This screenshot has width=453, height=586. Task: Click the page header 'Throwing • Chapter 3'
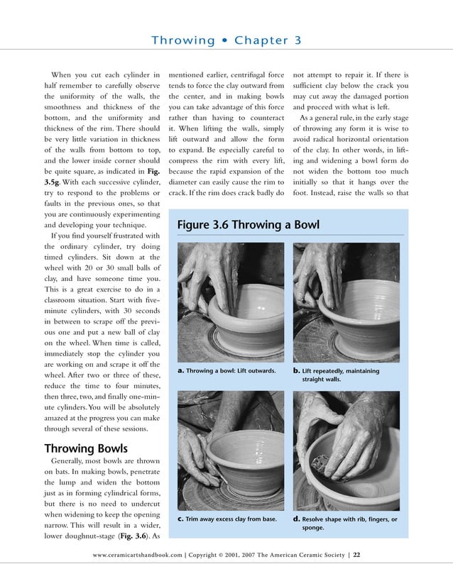pyautogui.click(x=226, y=40)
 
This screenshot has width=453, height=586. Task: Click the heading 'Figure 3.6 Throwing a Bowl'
pyautogui.click(x=248, y=226)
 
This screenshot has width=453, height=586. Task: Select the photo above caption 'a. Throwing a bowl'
pyautogui.click(x=230, y=302)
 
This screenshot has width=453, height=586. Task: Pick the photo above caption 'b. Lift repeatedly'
pyautogui.click(x=348, y=302)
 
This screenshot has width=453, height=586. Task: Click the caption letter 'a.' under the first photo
pyautogui.click(x=181, y=370)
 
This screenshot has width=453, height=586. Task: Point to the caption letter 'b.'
pyautogui.click(x=296, y=370)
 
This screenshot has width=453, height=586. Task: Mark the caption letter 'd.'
pyautogui.click(x=296, y=519)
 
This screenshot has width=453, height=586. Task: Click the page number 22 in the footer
pyautogui.click(x=357, y=555)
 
